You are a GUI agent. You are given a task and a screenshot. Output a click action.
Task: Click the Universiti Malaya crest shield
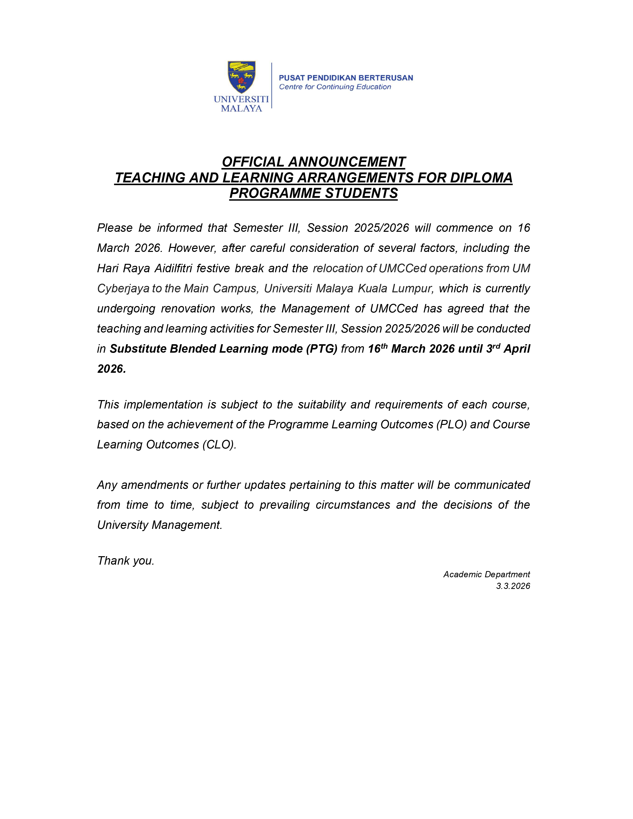click(242, 77)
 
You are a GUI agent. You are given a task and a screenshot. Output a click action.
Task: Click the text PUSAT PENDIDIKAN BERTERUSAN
click(346, 78)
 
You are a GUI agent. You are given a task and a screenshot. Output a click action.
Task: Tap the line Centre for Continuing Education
click(335, 87)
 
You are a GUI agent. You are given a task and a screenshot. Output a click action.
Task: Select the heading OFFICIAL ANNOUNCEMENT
click(314, 162)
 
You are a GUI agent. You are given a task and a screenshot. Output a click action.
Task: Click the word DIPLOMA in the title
click(481, 178)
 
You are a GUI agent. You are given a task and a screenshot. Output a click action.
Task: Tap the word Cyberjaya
click(123, 288)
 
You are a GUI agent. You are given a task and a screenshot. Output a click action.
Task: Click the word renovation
click(187, 309)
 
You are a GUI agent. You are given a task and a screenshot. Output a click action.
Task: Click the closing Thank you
click(126, 561)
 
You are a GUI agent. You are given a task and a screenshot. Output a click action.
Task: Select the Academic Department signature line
click(486, 575)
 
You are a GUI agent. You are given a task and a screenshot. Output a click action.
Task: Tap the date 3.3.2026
click(513, 586)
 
